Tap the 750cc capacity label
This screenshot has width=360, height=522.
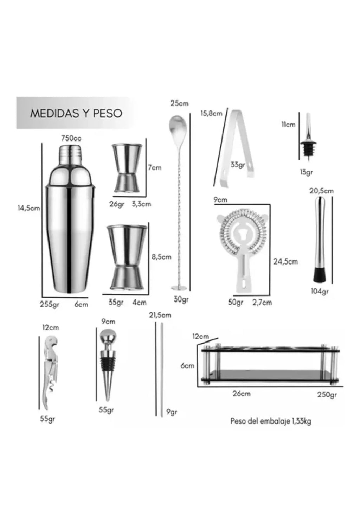[71, 139]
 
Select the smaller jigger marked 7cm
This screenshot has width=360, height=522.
[127, 168]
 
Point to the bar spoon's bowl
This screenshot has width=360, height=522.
[178, 129]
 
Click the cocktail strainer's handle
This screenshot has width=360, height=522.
[244, 274]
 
